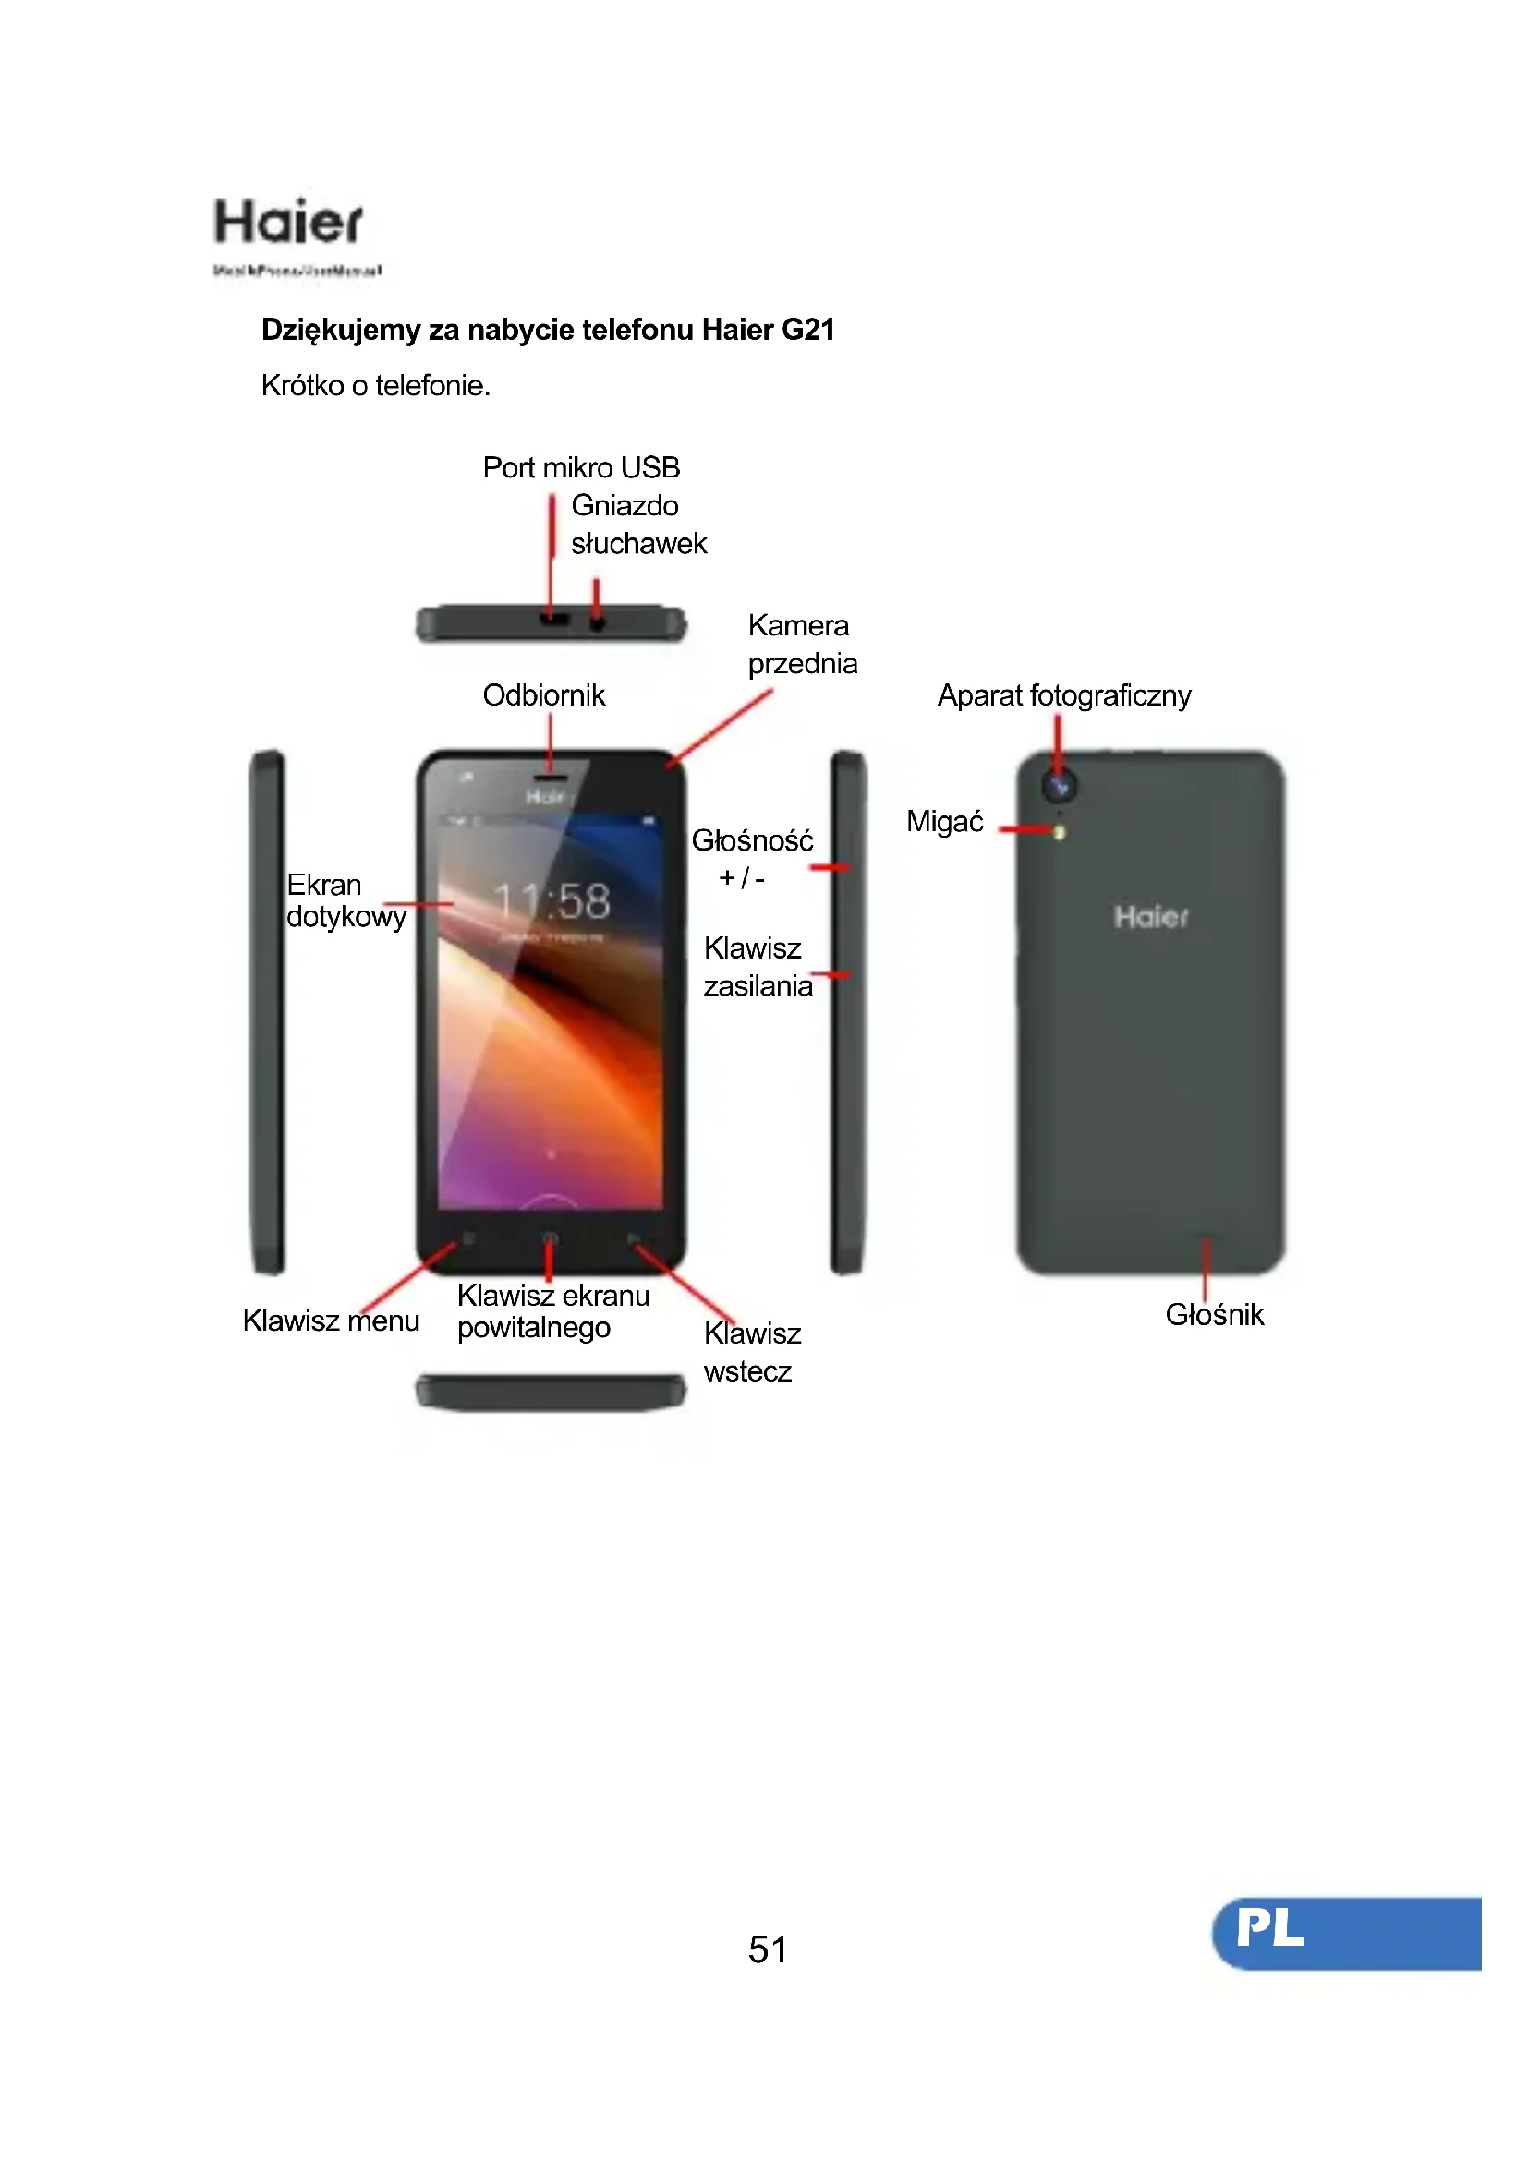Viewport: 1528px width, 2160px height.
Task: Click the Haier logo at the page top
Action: coord(288,223)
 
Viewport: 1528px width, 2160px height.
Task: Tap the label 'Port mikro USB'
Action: coord(580,467)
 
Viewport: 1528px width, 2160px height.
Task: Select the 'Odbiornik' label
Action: coord(543,695)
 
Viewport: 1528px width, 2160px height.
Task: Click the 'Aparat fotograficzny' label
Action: coord(1063,695)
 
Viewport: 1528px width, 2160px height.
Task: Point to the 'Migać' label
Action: coord(944,821)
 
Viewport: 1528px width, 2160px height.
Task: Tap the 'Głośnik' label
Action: coord(1214,1314)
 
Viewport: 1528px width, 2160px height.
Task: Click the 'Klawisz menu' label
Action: coord(330,1321)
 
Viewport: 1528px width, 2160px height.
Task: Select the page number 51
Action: coord(768,1949)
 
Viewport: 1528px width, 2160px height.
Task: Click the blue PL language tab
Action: coord(1347,1932)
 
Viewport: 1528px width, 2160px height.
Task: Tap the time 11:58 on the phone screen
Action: coord(552,901)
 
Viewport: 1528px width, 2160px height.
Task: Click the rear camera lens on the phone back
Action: coord(1060,786)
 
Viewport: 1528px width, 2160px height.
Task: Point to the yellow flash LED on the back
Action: coord(1060,833)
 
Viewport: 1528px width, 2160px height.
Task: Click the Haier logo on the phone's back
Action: coord(1151,916)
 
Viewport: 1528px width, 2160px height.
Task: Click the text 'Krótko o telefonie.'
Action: coord(375,386)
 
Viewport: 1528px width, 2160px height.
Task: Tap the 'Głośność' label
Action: coord(752,840)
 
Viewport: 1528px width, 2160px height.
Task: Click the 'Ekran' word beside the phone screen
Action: coord(323,885)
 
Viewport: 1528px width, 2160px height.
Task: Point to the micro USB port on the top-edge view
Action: coord(554,620)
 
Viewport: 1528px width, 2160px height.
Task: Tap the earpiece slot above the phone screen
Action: coord(551,778)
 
